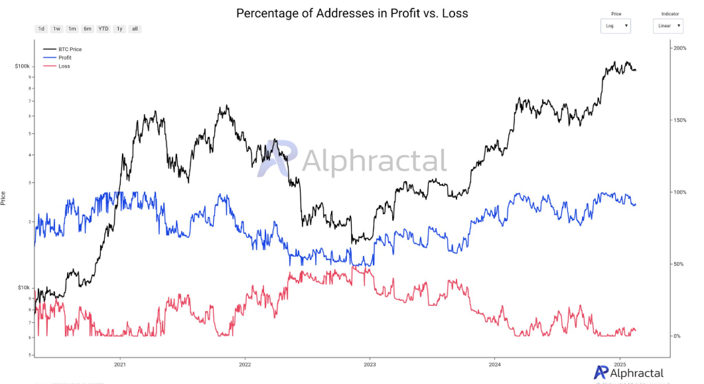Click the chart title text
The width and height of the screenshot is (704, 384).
(x=352, y=13)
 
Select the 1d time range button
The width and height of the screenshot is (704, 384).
(x=41, y=29)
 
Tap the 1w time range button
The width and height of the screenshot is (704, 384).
(x=56, y=29)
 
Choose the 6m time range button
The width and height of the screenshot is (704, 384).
(x=88, y=29)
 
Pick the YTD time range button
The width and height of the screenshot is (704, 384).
(x=104, y=29)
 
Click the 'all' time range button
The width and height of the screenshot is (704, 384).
(x=135, y=29)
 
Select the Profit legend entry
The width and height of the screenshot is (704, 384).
(x=65, y=58)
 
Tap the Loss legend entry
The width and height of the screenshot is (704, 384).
(x=64, y=66)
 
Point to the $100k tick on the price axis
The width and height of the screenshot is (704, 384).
(x=23, y=67)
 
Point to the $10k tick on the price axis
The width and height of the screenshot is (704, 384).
(x=23, y=288)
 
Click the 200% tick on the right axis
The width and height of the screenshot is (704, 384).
(x=679, y=49)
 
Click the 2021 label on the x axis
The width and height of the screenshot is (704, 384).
(x=120, y=365)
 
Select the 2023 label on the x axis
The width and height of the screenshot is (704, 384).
(x=370, y=365)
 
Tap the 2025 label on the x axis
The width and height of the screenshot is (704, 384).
(x=620, y=365)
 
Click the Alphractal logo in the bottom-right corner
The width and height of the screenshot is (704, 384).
(x=628, y=373)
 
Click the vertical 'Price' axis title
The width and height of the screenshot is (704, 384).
(x=4, y=197)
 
